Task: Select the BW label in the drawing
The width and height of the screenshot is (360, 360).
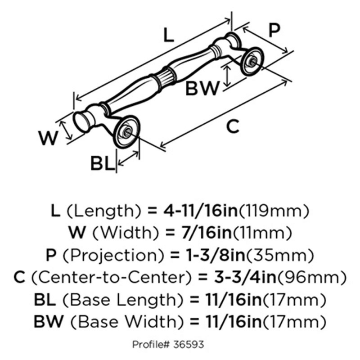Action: (203, 88)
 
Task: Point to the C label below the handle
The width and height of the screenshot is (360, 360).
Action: (232, 127)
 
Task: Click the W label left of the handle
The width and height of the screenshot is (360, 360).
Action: (49, 138)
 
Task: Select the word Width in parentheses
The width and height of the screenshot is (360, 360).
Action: (118, 233)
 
